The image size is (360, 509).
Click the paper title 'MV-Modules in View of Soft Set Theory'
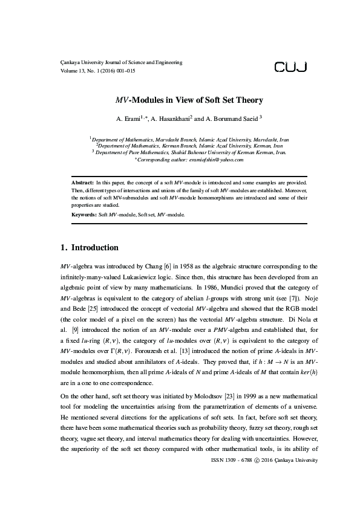coord(180,100)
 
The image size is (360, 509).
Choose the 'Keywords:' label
coord(84,215)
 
